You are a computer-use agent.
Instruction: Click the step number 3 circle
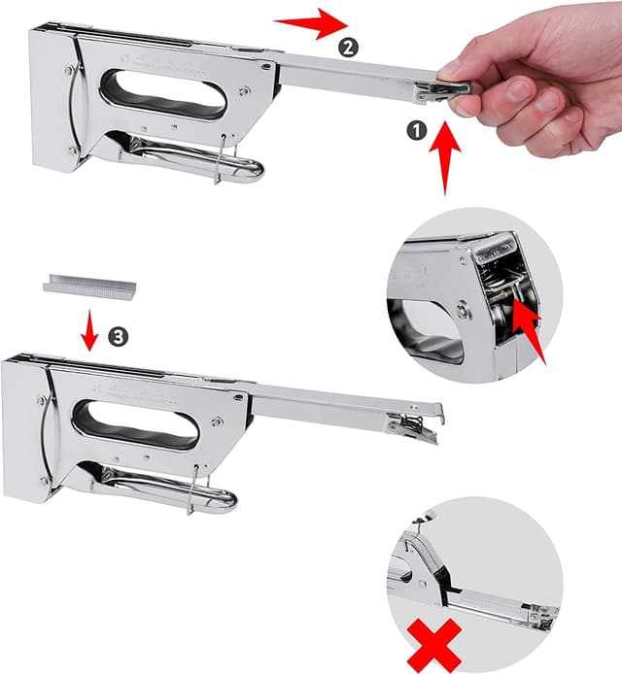click(x=119, y=336)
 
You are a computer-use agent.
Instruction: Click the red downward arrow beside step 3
click(x=89, y=330)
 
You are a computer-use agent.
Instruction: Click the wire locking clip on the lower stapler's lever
click(x=194, y=489)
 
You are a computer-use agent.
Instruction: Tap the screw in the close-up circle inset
click(x=466, y=313)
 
